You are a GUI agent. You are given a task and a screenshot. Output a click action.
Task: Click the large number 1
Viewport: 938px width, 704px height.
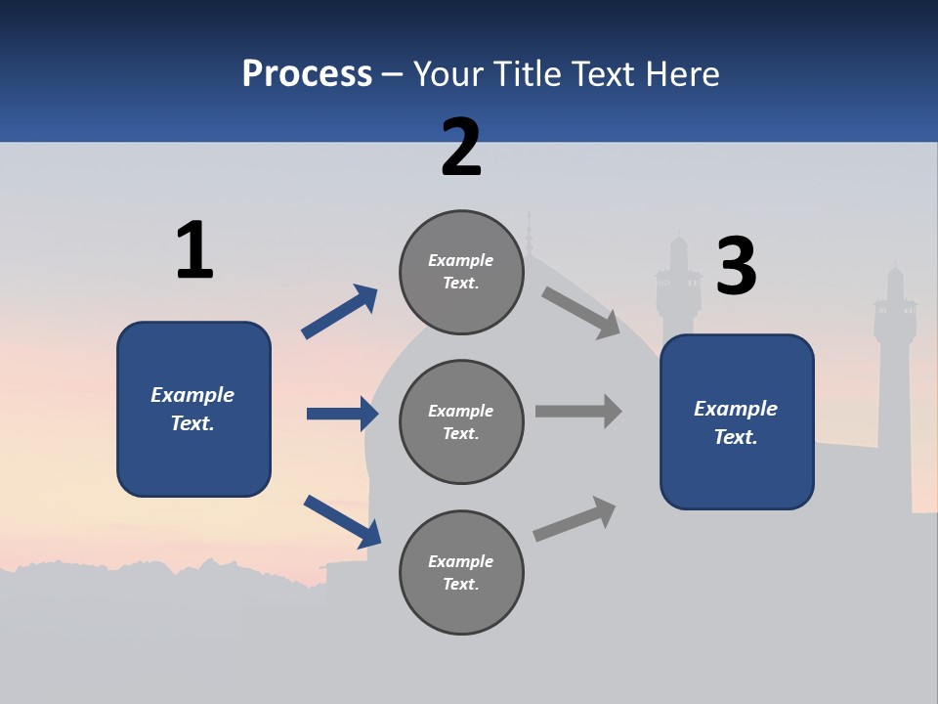194,250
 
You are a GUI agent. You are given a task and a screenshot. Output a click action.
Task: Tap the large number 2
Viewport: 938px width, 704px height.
461,148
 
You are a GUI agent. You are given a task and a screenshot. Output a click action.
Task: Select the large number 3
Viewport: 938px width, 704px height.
737,266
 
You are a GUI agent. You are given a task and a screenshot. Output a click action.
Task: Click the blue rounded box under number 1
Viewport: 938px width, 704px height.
193,409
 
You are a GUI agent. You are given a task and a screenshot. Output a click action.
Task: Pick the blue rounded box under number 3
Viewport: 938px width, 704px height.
737,421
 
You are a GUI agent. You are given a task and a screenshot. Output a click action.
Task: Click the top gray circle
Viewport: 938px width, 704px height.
461,272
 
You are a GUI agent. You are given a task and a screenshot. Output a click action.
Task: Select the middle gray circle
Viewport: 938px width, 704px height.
461,421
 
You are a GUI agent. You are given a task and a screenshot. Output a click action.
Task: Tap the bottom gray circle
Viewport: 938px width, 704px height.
461,572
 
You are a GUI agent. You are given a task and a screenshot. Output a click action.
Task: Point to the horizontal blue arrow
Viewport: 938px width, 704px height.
342,414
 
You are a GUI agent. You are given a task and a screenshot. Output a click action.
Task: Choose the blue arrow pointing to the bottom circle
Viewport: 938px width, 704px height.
342,521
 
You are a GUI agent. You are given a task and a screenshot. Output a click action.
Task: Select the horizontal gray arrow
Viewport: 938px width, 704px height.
578,411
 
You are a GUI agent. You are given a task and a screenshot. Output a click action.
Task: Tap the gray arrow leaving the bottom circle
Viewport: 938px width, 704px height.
576,518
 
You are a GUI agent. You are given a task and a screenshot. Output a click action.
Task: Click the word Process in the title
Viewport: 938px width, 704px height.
307,73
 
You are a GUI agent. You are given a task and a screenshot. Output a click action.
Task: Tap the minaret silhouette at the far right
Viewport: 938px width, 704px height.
894,323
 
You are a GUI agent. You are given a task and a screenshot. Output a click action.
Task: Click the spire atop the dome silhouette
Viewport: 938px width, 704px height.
529,235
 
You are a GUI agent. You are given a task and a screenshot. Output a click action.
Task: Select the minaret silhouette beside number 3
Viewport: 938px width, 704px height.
678,288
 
